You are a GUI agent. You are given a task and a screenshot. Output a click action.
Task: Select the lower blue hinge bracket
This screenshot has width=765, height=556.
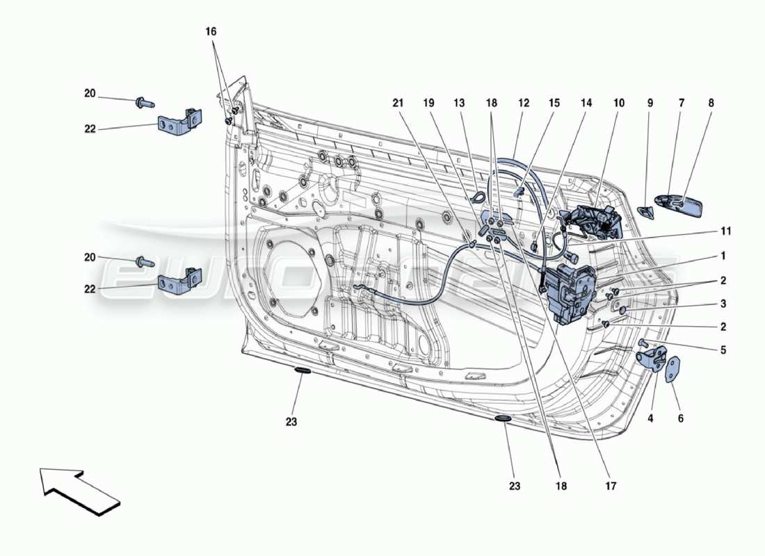pos(179,281)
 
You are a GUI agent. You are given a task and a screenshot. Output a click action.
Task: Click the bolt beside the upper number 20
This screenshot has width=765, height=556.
pos(143,103)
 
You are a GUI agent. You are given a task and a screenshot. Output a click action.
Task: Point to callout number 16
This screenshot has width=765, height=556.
pos(211,32)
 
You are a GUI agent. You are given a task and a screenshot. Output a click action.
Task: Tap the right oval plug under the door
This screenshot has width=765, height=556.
pos(502,419)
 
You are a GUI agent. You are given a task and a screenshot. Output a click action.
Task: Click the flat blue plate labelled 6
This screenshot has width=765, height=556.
pos(673,370)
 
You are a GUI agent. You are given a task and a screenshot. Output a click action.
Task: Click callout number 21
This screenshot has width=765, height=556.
pos(397,103)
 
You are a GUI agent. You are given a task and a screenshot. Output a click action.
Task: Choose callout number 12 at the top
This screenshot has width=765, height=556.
pos(524,103)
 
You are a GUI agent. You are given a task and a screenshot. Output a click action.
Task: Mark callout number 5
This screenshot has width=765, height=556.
pos(723,350)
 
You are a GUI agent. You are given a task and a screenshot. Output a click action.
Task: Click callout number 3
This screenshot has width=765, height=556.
pos(723,304)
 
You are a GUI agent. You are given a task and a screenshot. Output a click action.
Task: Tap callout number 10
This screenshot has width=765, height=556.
pos(618,103)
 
